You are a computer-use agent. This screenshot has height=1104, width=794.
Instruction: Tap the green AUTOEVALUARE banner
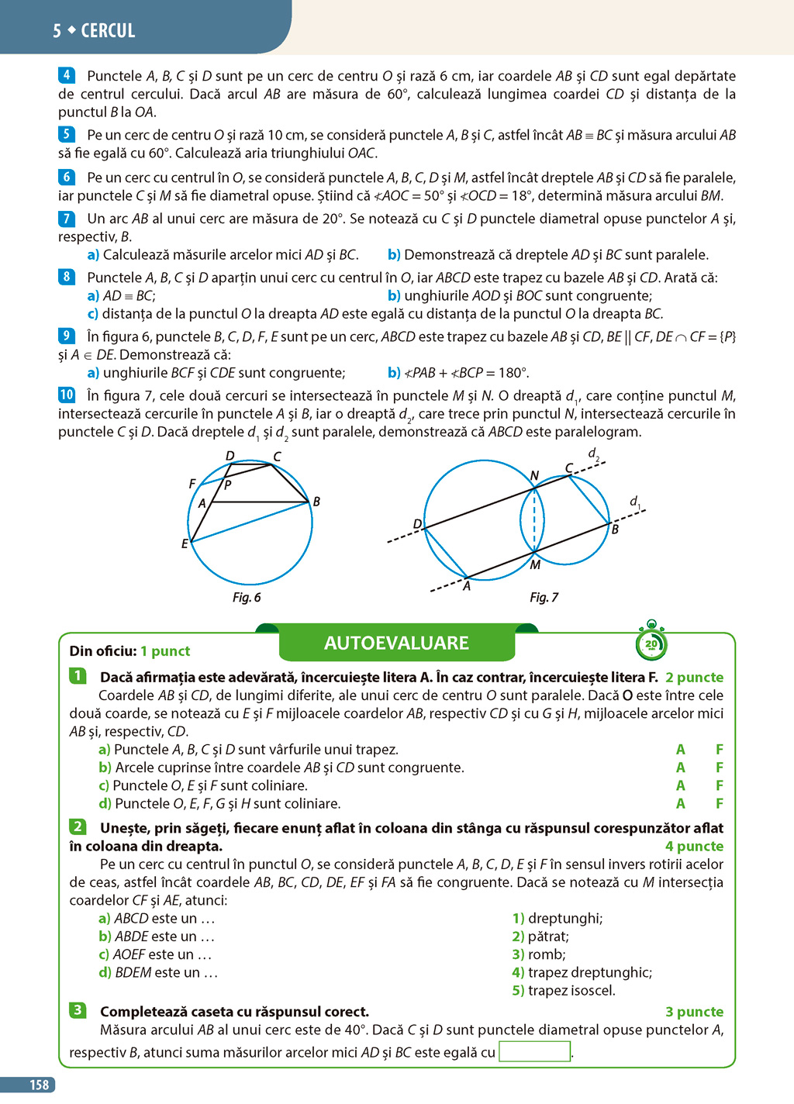[397, 643]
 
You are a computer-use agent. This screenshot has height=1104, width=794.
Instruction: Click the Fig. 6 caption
[247, 597]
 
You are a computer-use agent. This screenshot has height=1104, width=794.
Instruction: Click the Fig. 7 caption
[544, 597]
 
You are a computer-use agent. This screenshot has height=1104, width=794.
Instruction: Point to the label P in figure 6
[228, 485]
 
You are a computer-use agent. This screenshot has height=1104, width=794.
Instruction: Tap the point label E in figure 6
[185, 543]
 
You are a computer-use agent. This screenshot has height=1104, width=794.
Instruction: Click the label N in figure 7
[535, 475]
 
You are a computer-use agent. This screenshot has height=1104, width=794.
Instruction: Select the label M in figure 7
[535, 565]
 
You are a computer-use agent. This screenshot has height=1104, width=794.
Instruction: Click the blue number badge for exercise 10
[67, 395]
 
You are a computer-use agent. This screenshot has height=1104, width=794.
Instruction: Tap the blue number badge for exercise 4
[67, 75]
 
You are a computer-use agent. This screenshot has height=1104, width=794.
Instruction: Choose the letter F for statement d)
[719, 803]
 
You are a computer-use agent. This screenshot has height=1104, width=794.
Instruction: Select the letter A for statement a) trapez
[681, 749]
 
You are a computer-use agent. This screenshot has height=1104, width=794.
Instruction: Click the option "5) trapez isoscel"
[564, 990]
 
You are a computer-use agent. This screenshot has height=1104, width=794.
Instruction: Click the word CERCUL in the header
[108, 30]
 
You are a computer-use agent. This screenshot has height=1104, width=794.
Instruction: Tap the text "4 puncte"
[695, 846]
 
